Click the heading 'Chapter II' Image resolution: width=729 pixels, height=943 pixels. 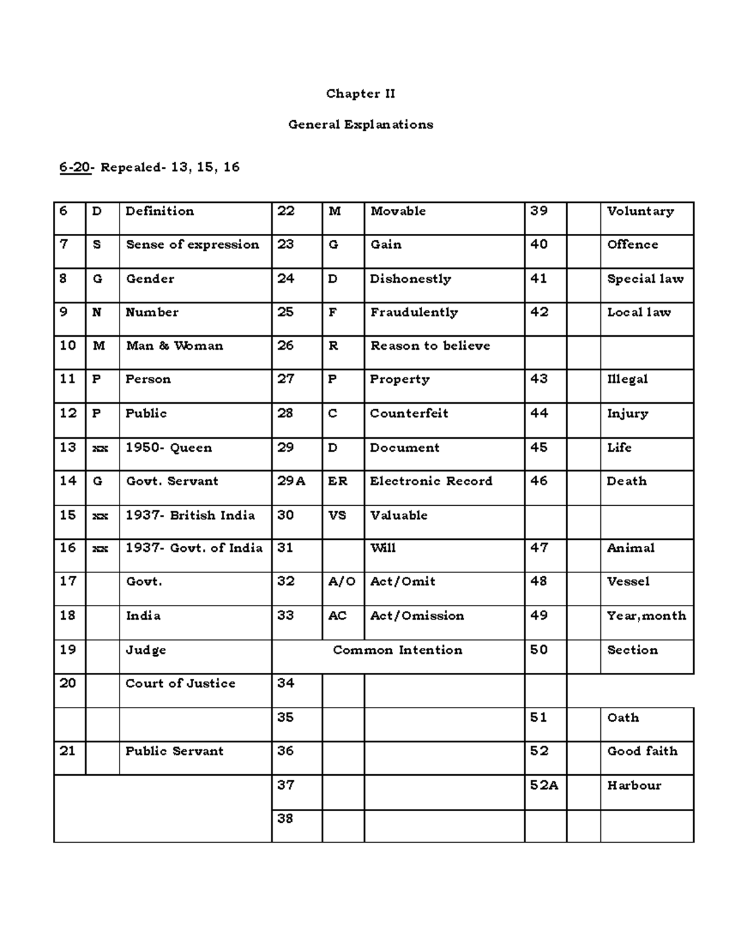pos(360,94)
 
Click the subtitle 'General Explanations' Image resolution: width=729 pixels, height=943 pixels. pos(360,124)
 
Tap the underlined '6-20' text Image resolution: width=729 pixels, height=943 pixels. pos(75,167)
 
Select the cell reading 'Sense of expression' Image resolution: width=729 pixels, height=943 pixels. pos(192,245)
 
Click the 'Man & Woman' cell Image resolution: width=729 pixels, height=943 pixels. pos(174,346)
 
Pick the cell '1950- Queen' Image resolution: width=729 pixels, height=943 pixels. pos(168,448)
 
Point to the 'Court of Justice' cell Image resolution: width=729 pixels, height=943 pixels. pos(180,684)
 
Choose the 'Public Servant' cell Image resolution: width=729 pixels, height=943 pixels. pos(174,751)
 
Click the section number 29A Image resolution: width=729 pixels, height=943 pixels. pos(292,482)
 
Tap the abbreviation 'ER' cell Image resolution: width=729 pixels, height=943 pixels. pos(338,482)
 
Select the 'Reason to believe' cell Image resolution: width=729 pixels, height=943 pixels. pos(430,346)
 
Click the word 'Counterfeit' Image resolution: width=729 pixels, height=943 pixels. pos(409,414)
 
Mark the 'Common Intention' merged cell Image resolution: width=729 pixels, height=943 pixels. pos(397,650)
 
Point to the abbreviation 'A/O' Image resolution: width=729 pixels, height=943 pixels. pos(341,582)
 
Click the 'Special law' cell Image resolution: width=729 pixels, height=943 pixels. pos(645,279)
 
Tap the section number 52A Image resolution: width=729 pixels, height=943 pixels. pos(544,785)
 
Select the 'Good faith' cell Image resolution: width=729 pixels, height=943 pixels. pos(642,751)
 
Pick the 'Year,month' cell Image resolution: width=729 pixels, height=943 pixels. pos(646,616)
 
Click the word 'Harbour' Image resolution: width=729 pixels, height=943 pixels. pos(634,785)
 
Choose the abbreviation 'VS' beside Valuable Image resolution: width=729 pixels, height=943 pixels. pos(337,516)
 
